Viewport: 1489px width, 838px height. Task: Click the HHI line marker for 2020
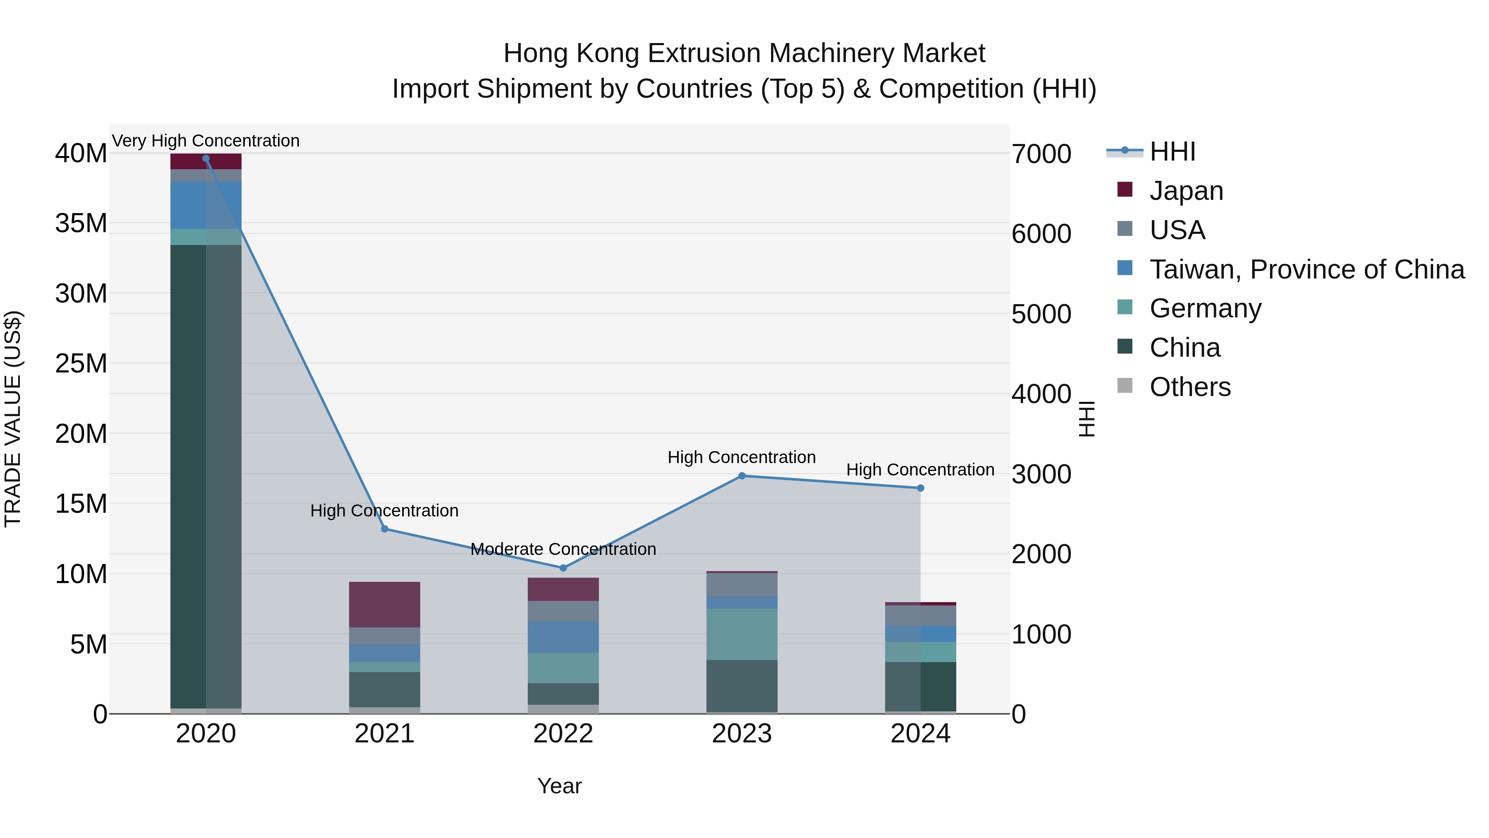[206, 158]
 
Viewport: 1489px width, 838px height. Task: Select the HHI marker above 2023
[742, 476]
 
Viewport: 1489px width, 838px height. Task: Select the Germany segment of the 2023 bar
[742, 634]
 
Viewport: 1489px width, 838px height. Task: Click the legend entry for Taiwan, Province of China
[1306, 269]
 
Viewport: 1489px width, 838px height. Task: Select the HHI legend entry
[1172, 151]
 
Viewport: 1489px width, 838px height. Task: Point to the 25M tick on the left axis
[81, 363]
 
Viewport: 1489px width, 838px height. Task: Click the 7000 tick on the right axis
[1041, 154]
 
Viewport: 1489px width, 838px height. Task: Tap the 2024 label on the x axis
[920, 733]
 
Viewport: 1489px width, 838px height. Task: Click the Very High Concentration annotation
[206, 141]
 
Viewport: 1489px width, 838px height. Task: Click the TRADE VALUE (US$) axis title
[13, 419]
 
